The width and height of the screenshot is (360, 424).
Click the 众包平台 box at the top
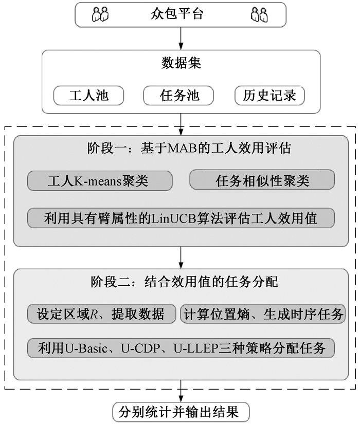(x=180, y=14)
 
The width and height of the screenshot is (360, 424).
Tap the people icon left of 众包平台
(x=100, y=14)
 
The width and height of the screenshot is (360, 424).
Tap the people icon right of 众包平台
(x=259, y=14)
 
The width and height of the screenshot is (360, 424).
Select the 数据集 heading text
(x=181, y=64)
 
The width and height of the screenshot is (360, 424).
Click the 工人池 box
(x=88, y=96)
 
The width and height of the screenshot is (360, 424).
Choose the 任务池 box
(x=179, y=96)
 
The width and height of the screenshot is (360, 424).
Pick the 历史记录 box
(x=269, y=96)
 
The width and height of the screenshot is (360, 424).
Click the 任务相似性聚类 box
(x=262, y=180)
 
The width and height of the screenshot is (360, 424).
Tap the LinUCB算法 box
(x=181, y=218)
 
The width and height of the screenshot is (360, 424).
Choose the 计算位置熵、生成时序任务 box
(x=263, y=314)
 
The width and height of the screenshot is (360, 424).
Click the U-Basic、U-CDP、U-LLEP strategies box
(x=181, y=348)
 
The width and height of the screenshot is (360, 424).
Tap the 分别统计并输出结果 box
(x=181, y=412)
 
